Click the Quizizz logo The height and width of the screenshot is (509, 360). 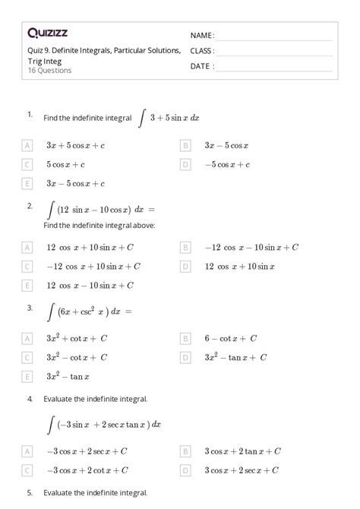(47, 33)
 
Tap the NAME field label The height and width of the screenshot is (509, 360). (202, 36)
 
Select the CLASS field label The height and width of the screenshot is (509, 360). (203, 51)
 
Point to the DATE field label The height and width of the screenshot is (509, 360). (202, 66)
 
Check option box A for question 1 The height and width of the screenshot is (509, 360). (28, 144)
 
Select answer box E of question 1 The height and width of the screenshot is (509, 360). (28, 183)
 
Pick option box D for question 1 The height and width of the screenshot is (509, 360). (185, 164)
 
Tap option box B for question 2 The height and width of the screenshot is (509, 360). (185, 247)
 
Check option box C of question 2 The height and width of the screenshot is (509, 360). (28, 266)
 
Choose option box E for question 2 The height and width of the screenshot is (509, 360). (28, 285)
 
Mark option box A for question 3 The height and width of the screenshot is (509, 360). (28, 338)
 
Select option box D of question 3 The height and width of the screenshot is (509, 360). (185, 357)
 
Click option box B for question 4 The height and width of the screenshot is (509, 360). (185, 451)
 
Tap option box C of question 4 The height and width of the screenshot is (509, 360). (28, 469)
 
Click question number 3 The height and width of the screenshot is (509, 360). (30, 308)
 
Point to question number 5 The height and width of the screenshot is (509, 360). (30, 493)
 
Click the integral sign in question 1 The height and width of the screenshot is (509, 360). (142, 118)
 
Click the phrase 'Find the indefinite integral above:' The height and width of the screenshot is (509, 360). (99, 225)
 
